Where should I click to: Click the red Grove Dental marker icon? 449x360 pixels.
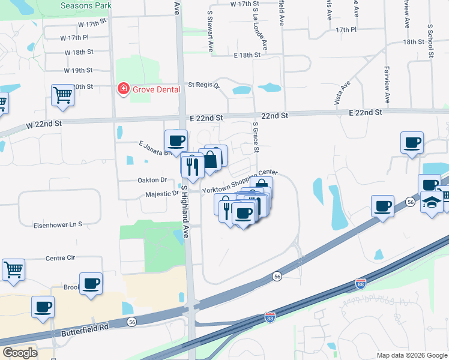123,89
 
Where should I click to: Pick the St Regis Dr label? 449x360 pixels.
204,85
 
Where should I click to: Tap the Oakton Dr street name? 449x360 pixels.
151,180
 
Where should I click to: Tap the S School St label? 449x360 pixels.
430,41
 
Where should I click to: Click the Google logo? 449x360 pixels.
20,353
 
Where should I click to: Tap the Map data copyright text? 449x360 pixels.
412,355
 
